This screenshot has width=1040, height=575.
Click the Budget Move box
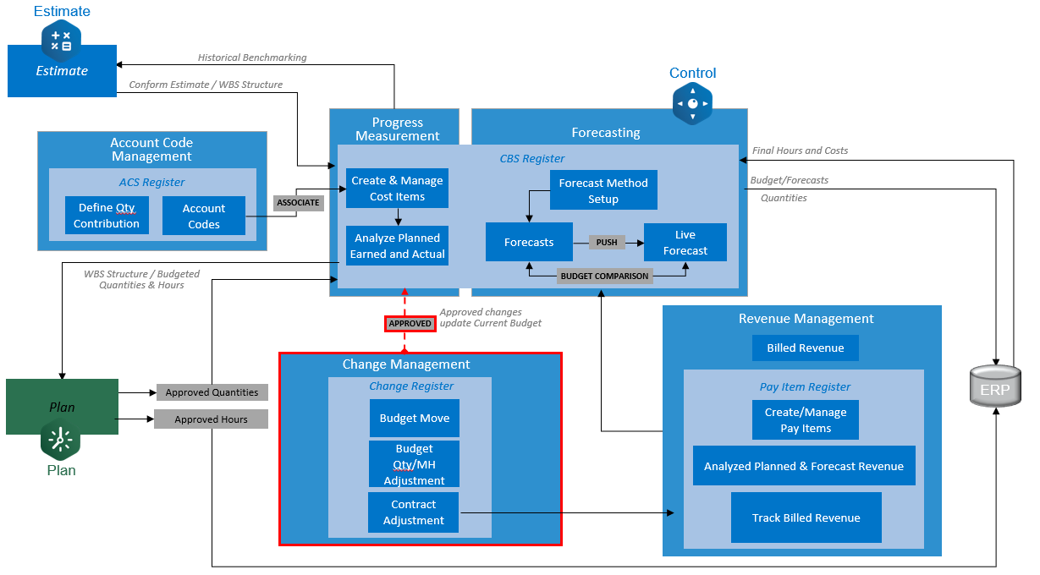pyautogui.click(x=414, y=418)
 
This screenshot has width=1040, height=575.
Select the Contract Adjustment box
pyautogui.click(x=414, y=512)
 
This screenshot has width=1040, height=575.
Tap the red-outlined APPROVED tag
pyautogui.click(x=410, y=323)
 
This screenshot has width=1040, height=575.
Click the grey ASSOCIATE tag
pyautogui.click(x=299, y=203)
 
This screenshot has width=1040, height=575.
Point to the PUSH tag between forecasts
pyautogui.click(x=607, y=242)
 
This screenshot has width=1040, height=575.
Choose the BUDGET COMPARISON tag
pyautogui.click(x=604, y=276)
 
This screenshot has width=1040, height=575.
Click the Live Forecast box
pyautogui.click(x=685, y=243)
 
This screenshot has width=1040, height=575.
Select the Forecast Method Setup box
pyautogui.click(x=603, y=191)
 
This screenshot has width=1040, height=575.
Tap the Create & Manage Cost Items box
pyautogui.click(x=398, y=189)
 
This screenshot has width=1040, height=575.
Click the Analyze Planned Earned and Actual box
pyautogui.click(x=398, y=246)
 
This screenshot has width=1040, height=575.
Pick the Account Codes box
pyautogui.click(x=204, y=216)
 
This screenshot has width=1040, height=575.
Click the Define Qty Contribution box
pyautogui.click(x=107, y=216)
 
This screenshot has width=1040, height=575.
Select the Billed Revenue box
pyautogui.click(x=805, y=348)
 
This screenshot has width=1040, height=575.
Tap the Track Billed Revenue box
pyautogui.click(x=806, y=517)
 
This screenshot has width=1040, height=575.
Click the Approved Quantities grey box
pyautogui.click(x=212, y=392)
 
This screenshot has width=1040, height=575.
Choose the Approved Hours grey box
pyautogui.click(x=211, y=419)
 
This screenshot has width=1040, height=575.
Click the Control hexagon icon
pyautogui.click(x=692, y=104)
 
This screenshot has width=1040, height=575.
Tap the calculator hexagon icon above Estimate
pyautogui.click(x=61, y=40)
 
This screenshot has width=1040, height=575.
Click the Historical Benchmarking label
pyautogui.click(x=252, y=57)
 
